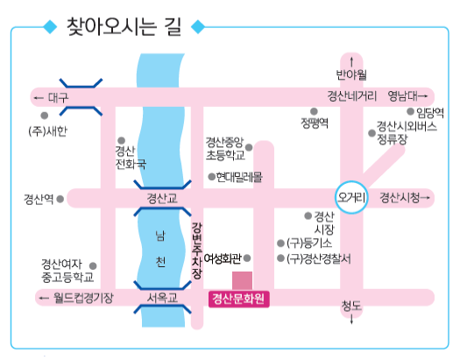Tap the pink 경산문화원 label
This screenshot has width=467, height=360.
click(239, 299)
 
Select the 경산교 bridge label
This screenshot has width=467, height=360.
click(162, 198)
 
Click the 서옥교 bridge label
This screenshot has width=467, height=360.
click(162, 298)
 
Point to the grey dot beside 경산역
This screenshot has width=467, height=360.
click(60, 199)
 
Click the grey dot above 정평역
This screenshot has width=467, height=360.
click(314, 111)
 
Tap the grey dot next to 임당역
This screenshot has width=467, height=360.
click(411, 111)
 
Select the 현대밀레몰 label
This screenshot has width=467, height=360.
click(239, 177)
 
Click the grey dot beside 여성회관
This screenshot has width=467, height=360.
click(247, 258)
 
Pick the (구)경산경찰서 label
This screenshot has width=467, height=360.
click(318, 258)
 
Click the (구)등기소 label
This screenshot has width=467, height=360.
click(309, 244)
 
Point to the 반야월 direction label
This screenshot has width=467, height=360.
click(351, 74)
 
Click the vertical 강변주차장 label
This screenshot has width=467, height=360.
click(196, 251)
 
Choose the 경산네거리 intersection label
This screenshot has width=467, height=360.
click(352, 96)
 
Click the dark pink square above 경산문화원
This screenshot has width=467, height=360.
click(242, 280)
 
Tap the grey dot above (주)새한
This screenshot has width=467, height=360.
click(45, 116)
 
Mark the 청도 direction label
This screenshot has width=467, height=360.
click(351, 306)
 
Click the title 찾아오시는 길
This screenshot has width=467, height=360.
click(124, 27)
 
